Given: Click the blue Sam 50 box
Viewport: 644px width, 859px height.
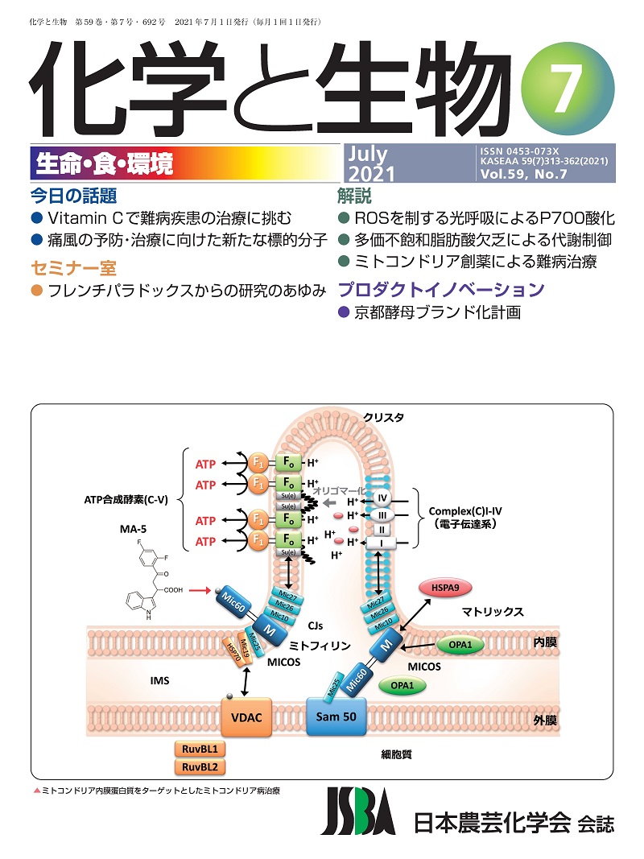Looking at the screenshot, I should tap(336, 715).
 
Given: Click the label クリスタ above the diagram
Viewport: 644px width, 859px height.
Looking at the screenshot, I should tap(383, 416).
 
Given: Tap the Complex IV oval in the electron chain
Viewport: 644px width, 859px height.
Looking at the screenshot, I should tap(384, 499).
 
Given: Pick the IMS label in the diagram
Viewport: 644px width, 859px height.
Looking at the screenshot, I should tap(159, 681).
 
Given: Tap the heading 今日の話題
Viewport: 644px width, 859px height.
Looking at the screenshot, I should tap(73, 196).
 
